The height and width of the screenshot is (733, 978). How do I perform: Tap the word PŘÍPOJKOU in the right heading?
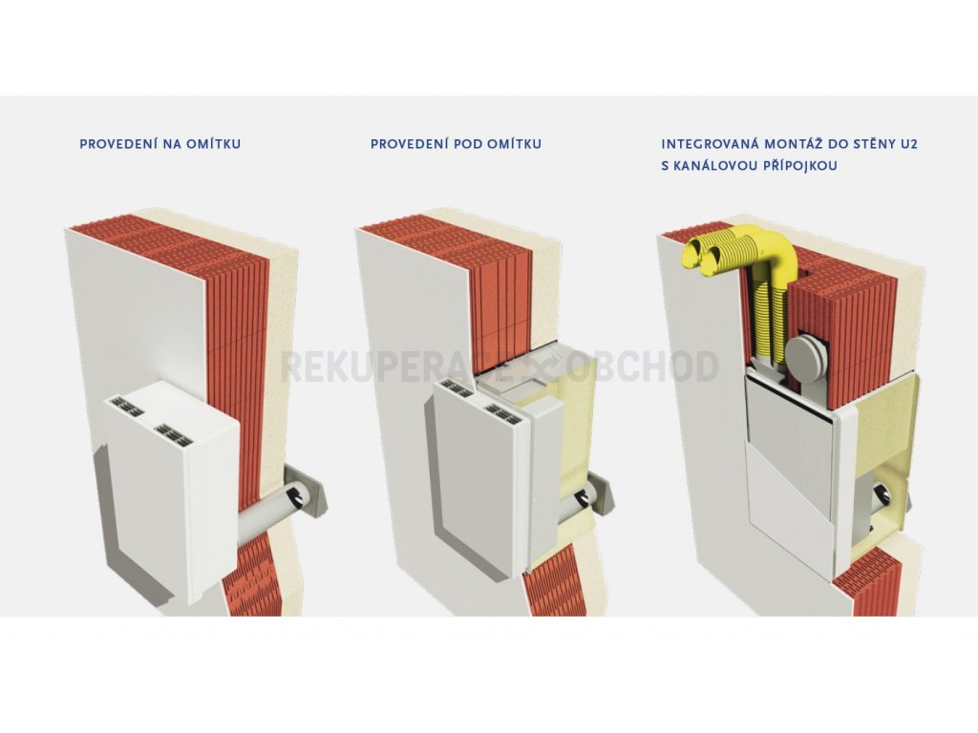coord(799,166)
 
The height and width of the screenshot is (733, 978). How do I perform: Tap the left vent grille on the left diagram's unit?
coord(127,408)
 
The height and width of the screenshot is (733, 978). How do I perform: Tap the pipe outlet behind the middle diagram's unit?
coord(584,496)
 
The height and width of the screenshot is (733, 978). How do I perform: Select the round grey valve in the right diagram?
coord(805,359)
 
